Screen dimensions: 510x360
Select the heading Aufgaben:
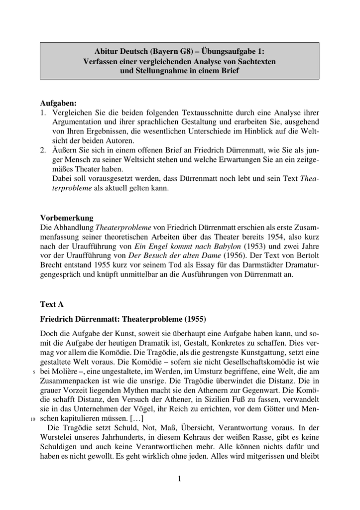[58, 103]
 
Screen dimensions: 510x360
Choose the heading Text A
[52, 303]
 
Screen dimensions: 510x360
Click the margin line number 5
[34, 372]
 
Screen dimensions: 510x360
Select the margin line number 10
[33, 419]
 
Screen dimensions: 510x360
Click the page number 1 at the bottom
[180, 479]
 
